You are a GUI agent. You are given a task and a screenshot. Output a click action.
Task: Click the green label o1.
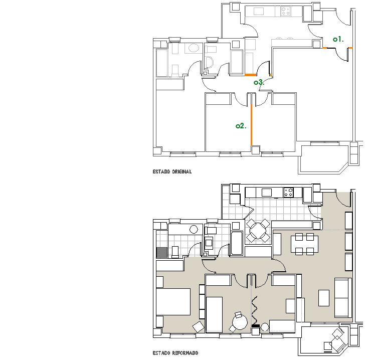click(x=338, y=39)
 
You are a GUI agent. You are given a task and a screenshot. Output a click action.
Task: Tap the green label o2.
click(x=241, y=126)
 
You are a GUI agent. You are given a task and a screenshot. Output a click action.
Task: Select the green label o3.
click(x=259, y=82)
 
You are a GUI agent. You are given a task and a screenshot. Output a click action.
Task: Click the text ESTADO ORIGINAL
click(x=172, y=171)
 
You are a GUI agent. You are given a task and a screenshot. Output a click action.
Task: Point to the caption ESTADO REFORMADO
click(x=175, y=353)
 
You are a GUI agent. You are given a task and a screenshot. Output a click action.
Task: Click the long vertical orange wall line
click(x=251, y=125)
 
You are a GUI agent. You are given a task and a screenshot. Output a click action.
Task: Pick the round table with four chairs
click(x=258, y=231)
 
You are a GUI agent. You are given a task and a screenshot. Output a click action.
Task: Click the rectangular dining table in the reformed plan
click(x=304, y=244)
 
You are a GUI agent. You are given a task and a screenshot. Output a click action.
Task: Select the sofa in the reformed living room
click(x=343, y=297)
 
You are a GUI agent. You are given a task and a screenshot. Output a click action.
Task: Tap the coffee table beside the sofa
click(x=324, y=298)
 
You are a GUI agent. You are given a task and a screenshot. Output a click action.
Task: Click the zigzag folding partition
click(x=254, y=310)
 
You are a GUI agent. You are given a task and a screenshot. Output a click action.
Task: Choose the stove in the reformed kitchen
click(x=288, y=193)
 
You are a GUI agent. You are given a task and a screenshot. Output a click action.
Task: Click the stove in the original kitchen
click(x=286, y=11)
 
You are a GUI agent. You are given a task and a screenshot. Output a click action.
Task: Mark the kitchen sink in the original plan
click(x=259, y=11)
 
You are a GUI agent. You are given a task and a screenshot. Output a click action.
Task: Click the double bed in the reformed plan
click(x=173, y=302)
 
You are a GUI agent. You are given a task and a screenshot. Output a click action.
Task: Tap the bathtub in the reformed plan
click(x=237, y=243)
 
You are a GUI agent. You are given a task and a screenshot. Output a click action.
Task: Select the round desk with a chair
click(x=239, y=322)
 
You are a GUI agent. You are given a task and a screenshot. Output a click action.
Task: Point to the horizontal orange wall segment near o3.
click(x=251, y=75)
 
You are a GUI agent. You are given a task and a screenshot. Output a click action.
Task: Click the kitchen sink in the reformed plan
click(x=267, y=193)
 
